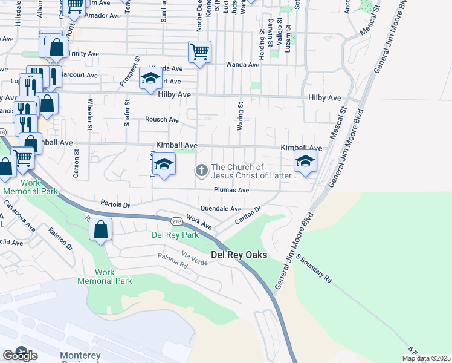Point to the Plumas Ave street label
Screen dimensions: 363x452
(x=231, y=190)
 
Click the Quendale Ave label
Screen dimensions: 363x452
(x=221, y=209)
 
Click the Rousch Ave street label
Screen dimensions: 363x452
(x=163, y=120)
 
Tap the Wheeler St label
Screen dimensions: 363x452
(x=90, y=114)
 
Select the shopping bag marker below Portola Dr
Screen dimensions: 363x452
(x=100, y=230)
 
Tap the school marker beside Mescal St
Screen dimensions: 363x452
(x=305, y=162)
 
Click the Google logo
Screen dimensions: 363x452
(x=20, y=355)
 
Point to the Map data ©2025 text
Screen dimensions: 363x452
(x=426, y=358)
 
